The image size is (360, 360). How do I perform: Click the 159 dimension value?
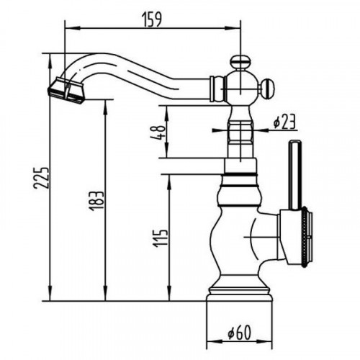[152, 19]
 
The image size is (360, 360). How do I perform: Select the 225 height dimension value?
[41, 178]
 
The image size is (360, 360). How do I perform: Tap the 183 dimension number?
[96, 201]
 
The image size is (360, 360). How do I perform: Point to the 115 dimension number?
[160, 238]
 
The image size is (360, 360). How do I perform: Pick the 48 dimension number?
[158, 132]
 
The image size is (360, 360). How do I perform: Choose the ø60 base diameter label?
[239, 333]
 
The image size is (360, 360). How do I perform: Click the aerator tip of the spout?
[66, 91]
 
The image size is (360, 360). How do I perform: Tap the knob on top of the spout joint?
[240, 63]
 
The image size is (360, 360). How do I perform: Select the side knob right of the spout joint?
[267, 89]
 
